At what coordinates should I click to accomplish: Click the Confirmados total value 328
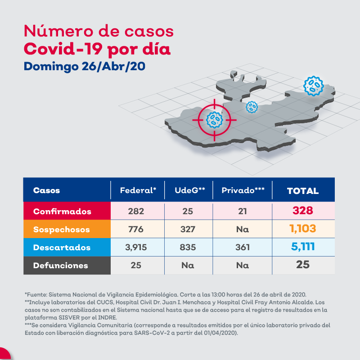302,211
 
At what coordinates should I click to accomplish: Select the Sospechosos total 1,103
302,229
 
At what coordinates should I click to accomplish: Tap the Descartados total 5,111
302,247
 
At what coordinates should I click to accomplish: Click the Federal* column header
138,190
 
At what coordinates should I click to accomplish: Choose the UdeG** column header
189,190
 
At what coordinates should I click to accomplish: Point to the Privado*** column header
243,190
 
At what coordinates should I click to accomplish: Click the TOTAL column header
302,191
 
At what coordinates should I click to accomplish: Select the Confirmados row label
62,211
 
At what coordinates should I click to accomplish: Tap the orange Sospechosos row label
61,229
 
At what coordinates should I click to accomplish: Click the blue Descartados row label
62,247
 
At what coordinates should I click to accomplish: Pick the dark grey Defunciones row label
61,265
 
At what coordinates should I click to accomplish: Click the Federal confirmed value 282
136,211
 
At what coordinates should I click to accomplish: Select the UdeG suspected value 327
188,229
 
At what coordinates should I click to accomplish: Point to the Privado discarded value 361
243,247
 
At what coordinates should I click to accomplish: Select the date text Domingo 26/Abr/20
84,66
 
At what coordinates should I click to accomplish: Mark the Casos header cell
46,190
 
